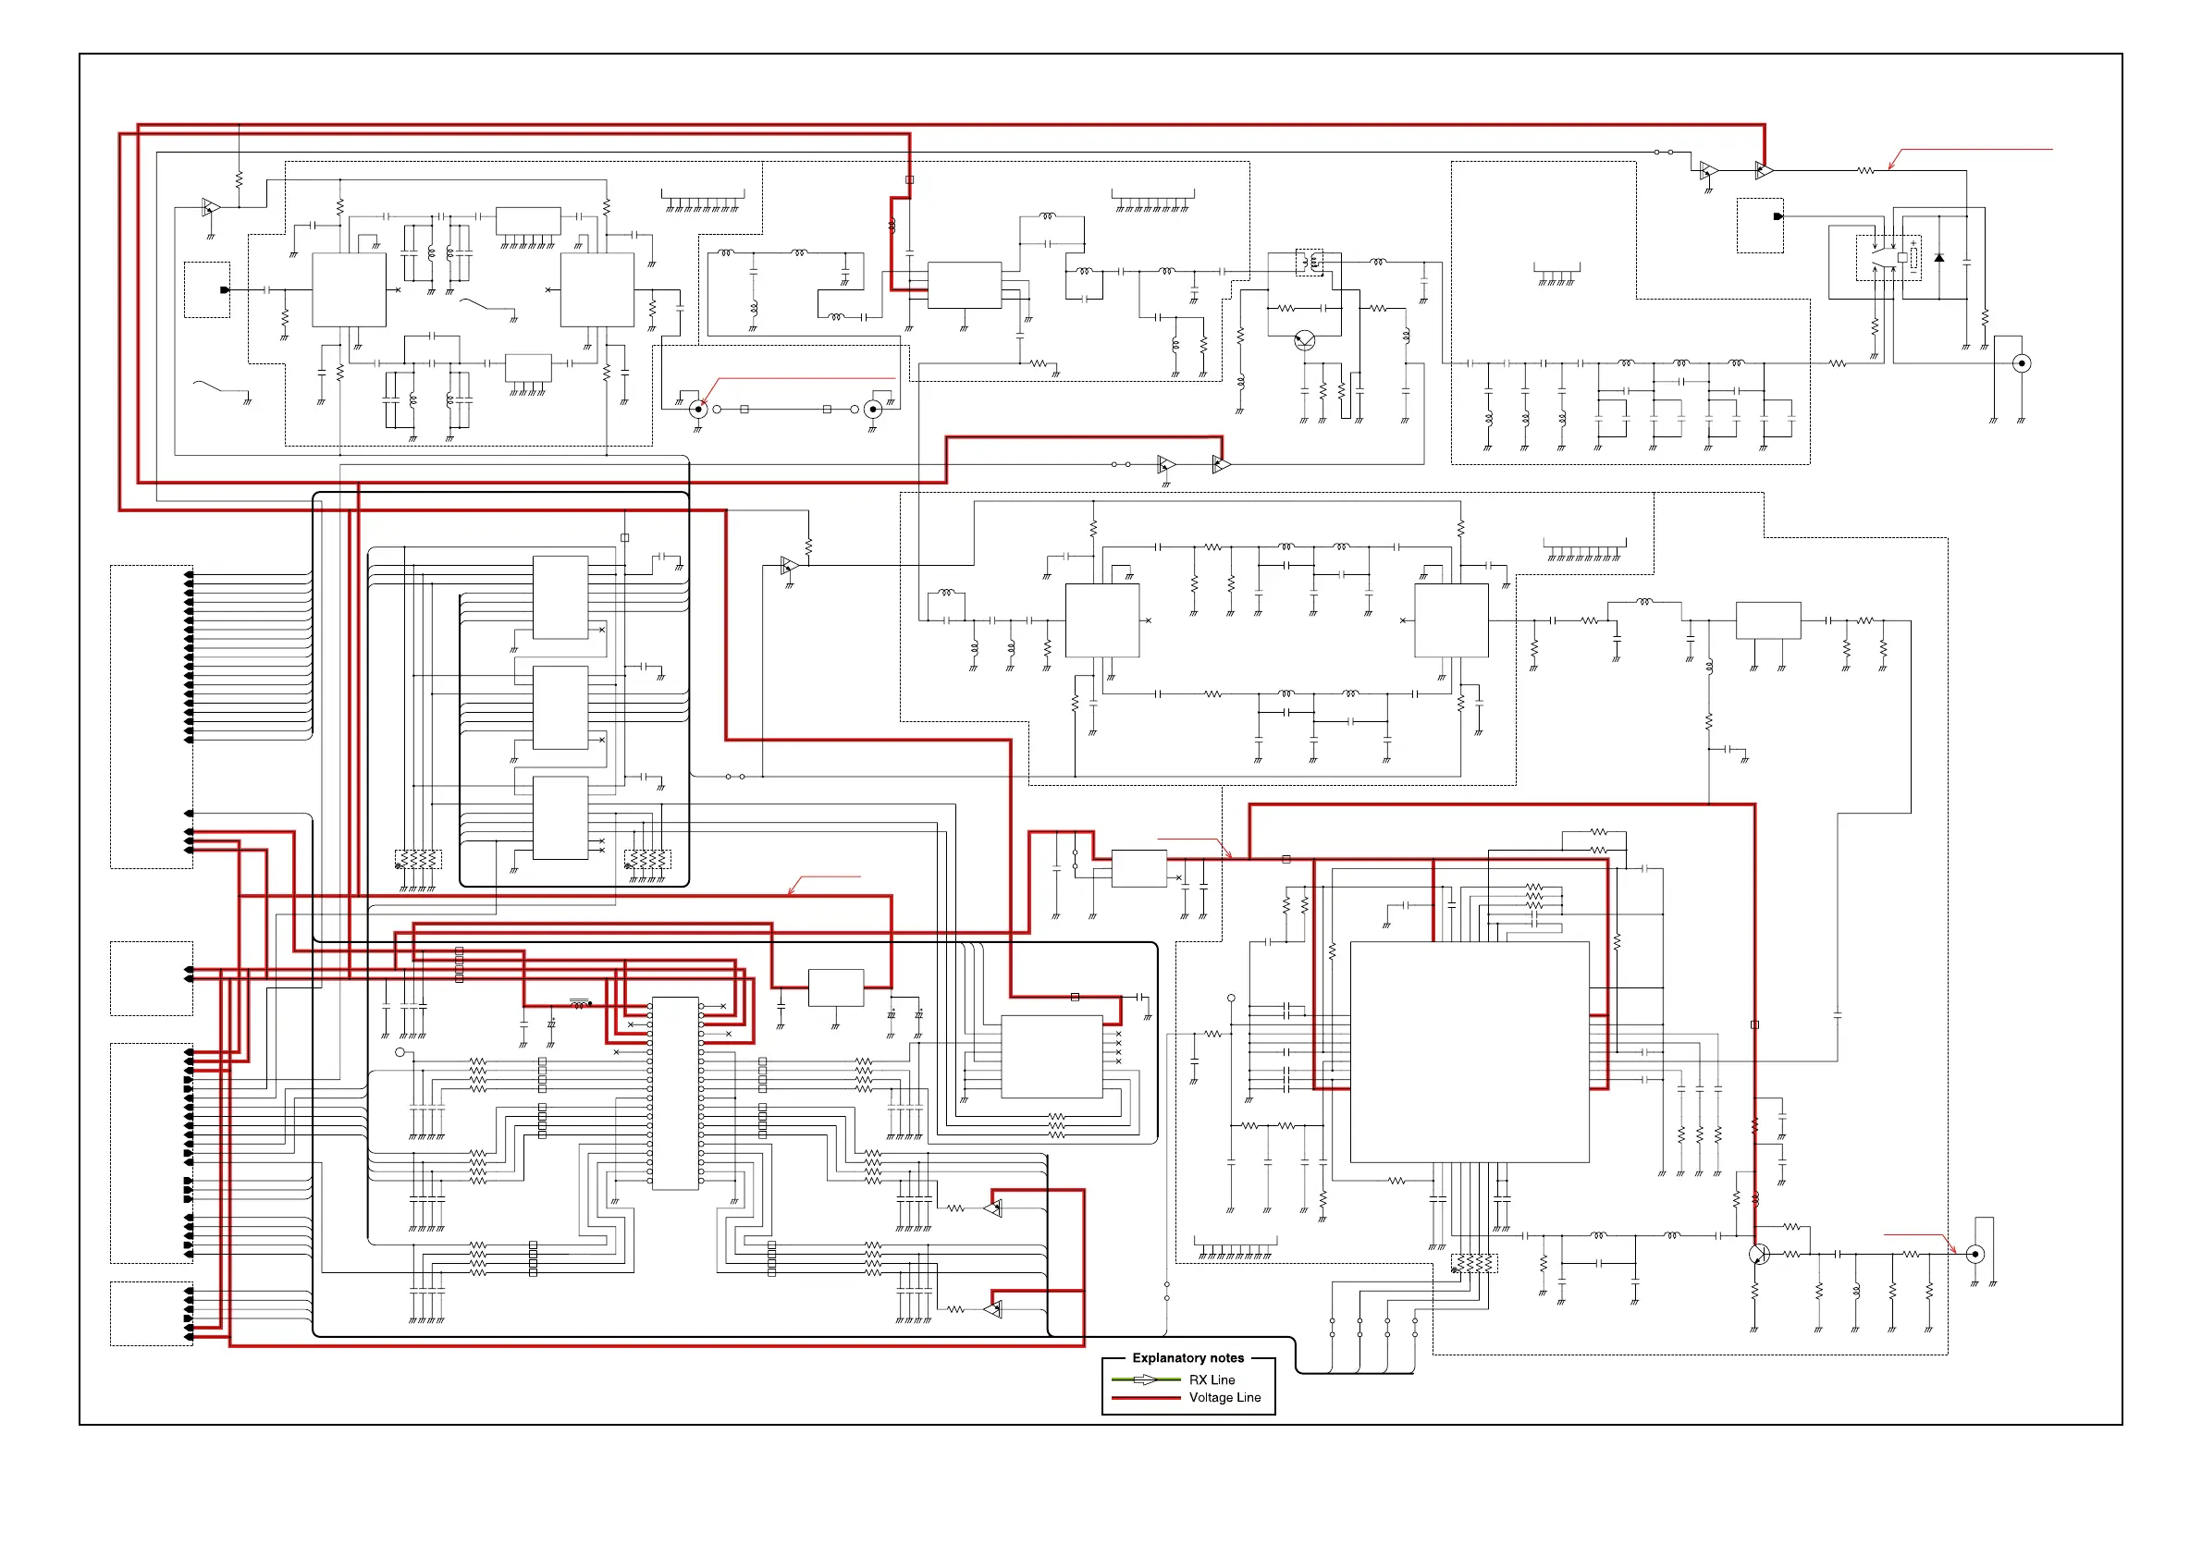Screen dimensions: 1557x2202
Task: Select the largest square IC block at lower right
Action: point(1470,1052)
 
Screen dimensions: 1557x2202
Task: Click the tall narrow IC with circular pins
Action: point(675,1093)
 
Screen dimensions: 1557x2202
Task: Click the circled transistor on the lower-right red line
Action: point(1759,1254)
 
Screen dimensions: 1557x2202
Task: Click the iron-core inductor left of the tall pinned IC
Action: point(580,1003)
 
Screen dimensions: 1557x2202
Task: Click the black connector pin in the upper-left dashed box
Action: point(225,289)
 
